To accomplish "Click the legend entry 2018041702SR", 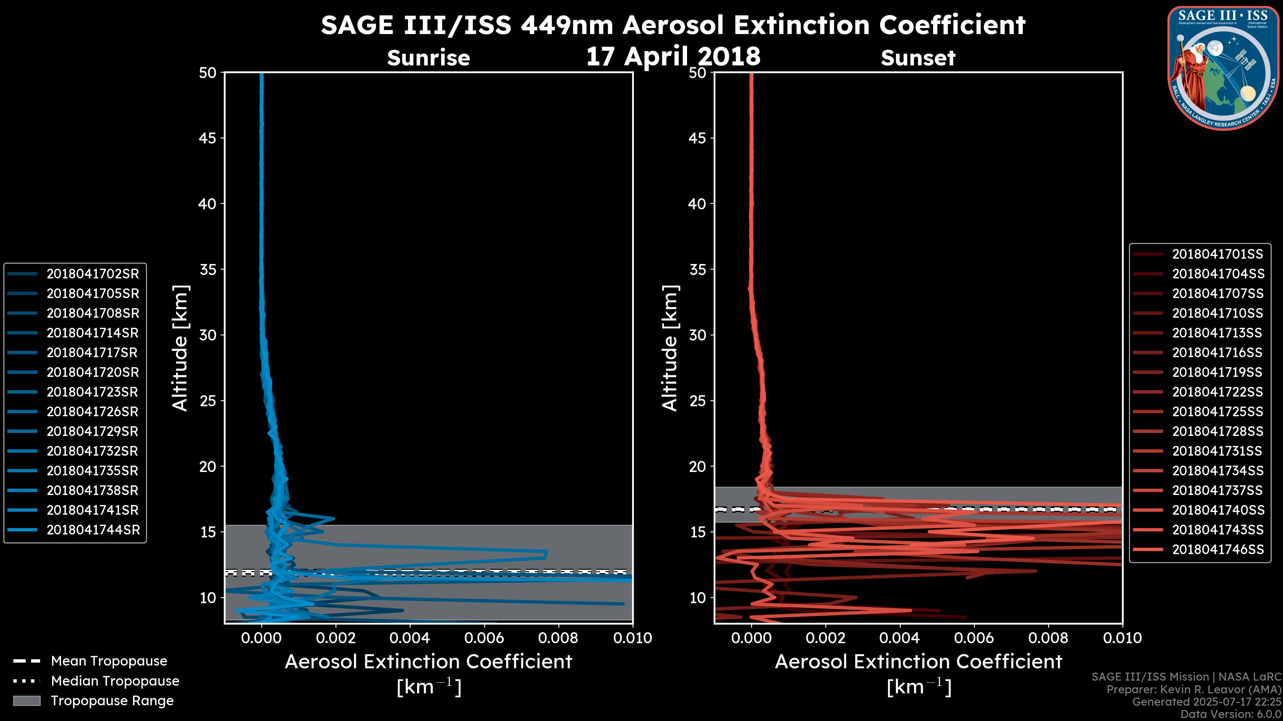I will (x=93, y=274).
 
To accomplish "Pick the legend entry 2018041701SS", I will (x=1217, y=254).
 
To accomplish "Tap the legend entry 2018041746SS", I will (x=1217, y=549).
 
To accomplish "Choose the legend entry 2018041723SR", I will (x=92, y=392).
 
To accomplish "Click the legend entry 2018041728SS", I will (x=1217, y=431).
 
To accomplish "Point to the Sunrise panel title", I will (x=428, y=58).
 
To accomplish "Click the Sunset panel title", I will (x=918, y=58).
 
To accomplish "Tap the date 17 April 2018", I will (x=673, y=56).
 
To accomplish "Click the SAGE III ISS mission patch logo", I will (x=1223, y=68).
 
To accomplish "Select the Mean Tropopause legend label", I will (x=109, y=661).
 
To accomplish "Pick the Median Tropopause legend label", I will (x=115, y=681).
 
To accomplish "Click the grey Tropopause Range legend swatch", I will (x=26, y=701).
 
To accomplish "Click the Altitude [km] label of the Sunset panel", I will (x=670, y=348).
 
